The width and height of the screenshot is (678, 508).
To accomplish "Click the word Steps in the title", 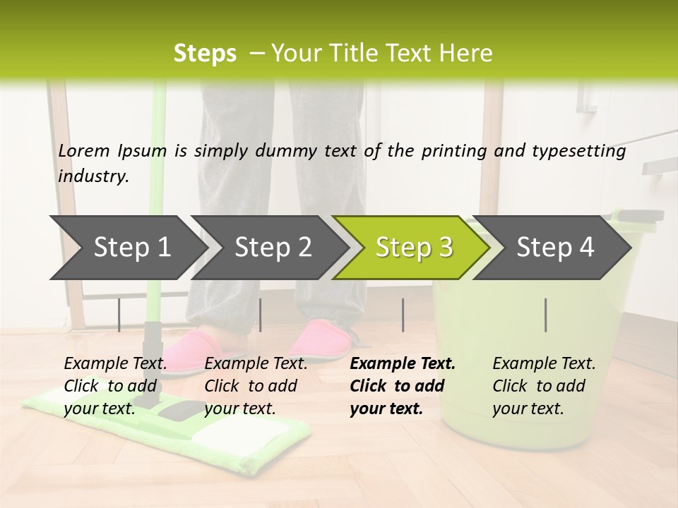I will [x=205, y=54].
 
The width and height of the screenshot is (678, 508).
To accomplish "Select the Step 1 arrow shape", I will [x=127, y=247].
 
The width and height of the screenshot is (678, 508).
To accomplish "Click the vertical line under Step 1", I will [x=119, y=315].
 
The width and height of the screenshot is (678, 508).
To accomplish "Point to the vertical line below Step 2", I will [x=261, y=315].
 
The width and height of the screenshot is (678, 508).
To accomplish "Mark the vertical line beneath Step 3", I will [x=403, y=315].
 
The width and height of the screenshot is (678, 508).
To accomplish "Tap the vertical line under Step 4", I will [x=546, y=315].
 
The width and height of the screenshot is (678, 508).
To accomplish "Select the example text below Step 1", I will [x=115, y=386].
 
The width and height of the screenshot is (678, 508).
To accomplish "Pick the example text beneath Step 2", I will [x=256, y=386].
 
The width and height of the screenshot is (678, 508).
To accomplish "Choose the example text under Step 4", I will [x=544, y=386].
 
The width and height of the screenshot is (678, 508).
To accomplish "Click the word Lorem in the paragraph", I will [x=84, y=151].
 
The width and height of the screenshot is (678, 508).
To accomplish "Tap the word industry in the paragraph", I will [x=93, y=176].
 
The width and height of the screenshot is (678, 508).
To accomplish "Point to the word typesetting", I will [x=577, y=151].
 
